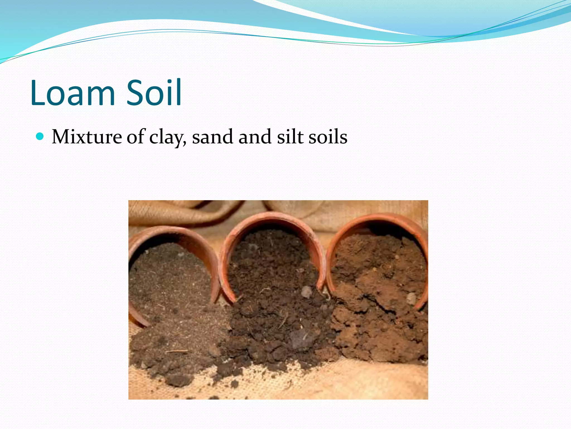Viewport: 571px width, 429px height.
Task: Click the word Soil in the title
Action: coord(154,93)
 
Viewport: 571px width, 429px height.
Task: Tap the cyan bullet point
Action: coord(40,137)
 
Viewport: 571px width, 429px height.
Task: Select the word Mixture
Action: coord(87,137)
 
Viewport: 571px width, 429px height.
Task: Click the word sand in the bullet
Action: coord(212,137)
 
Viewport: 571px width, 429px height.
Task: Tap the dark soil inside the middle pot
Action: coord(268,257)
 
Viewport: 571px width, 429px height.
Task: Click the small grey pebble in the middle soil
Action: coord(307,292)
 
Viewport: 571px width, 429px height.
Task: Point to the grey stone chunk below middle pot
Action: coord(300,339)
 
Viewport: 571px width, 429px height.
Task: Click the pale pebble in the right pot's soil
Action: coord(411,298)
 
